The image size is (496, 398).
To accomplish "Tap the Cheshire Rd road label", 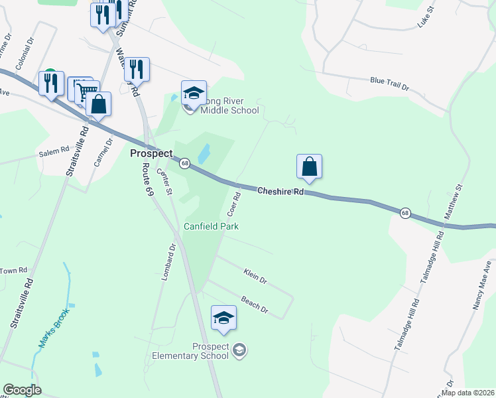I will coord(280,191).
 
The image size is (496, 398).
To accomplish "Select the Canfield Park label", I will coord(211,226).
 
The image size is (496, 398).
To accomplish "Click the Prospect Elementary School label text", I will coord(211,351).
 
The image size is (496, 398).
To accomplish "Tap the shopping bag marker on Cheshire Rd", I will coord(310,166).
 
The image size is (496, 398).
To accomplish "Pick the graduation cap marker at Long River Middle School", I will coord(194,93).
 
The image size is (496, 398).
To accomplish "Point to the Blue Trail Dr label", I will coord(390,84).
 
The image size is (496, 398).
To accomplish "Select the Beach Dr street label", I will coord(254,304).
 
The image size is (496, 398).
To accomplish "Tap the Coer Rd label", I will coord(233,204).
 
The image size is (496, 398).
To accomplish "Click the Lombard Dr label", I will coord(168,262).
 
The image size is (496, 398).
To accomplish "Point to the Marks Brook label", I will coord(53,330).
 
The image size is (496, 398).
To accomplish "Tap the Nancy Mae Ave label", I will coord(482,289).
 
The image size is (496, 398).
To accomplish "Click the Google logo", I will coord(22,390).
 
